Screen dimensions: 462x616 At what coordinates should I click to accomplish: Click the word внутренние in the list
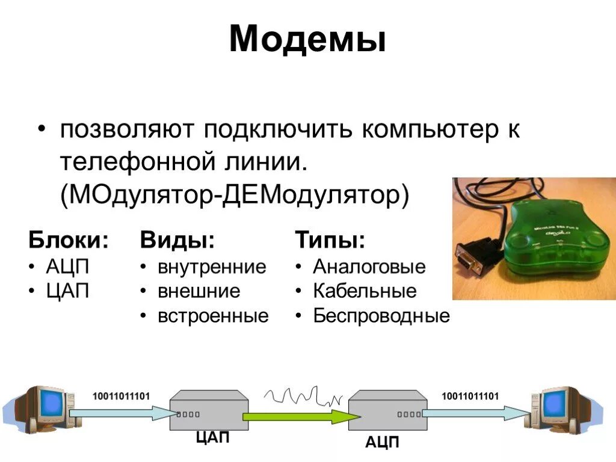pos(212,266)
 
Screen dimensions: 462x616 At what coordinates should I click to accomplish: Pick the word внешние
pos(199,291)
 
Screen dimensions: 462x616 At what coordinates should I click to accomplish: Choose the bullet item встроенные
pos(213,316)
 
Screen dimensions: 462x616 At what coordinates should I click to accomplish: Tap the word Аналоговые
pos(369,266)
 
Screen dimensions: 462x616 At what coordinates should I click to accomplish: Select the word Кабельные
pos(365,291)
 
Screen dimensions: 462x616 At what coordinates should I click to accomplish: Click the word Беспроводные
pos(381,316)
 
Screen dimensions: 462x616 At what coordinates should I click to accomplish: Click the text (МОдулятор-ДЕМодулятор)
pos(234,195)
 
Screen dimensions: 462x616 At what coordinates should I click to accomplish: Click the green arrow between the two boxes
pos(298,414)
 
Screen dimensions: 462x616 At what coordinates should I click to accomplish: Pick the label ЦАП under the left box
pos(213,437)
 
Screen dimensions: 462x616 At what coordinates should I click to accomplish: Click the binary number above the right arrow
pos(470,395)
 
